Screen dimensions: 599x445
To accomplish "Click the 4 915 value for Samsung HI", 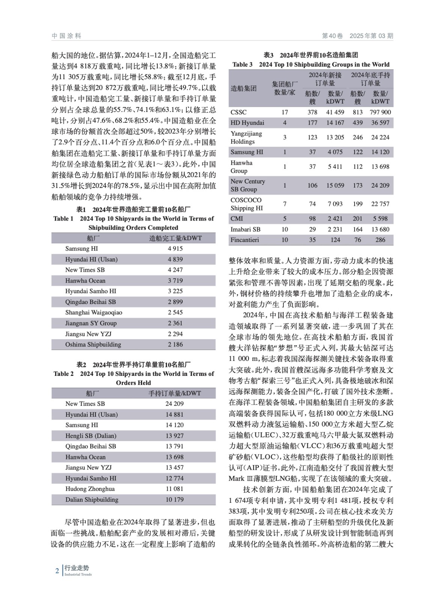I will coord(175,249).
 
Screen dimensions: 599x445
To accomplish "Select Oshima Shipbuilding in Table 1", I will coord(93,344).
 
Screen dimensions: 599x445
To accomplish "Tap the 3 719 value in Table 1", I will coord(175,280).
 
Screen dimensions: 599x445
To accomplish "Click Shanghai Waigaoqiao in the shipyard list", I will coord(93,312).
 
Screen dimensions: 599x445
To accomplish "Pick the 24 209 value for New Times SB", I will coord(174,404).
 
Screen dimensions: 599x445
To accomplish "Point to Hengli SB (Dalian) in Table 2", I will coord(91,435).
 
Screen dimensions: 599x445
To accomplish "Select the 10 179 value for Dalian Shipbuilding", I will coord(174,499).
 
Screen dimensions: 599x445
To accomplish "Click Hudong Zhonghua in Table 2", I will coord(90,489).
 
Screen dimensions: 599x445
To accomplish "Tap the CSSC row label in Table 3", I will coord(238,112).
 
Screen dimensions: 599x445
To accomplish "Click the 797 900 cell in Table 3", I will coord(380,112).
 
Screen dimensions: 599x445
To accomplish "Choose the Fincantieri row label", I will coord(244,240).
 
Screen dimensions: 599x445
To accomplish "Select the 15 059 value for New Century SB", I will coord(335,185).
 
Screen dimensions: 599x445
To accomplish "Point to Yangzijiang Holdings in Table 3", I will coord(246,137).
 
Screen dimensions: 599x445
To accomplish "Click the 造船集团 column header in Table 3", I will coord(244,89).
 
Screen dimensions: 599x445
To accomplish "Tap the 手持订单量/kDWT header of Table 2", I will coord(174,393).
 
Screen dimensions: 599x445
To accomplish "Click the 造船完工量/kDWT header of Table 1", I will coord(175,238).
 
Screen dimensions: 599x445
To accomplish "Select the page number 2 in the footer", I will coord(57,571).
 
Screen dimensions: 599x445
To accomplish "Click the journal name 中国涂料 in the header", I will coord(66,36).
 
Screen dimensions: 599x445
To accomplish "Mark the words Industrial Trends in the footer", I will coord(78,575).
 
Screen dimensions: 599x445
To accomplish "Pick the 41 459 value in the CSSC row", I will coord(335,112).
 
